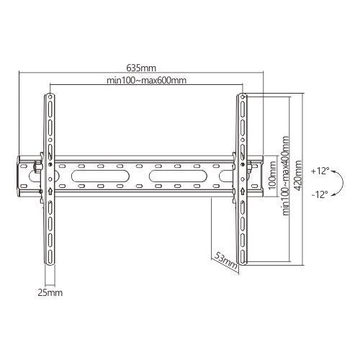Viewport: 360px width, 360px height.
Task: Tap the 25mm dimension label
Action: click(49, 293)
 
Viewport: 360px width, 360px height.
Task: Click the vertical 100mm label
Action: click(272, 176)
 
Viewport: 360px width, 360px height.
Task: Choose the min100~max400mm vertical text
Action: click(286, 176)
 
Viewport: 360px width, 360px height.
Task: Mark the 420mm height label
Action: click(300, 176)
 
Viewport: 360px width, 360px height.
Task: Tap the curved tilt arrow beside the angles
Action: click(338, 182)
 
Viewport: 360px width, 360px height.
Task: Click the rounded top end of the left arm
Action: click(50, 96)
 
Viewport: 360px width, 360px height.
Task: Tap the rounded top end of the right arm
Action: click(243, 96)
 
